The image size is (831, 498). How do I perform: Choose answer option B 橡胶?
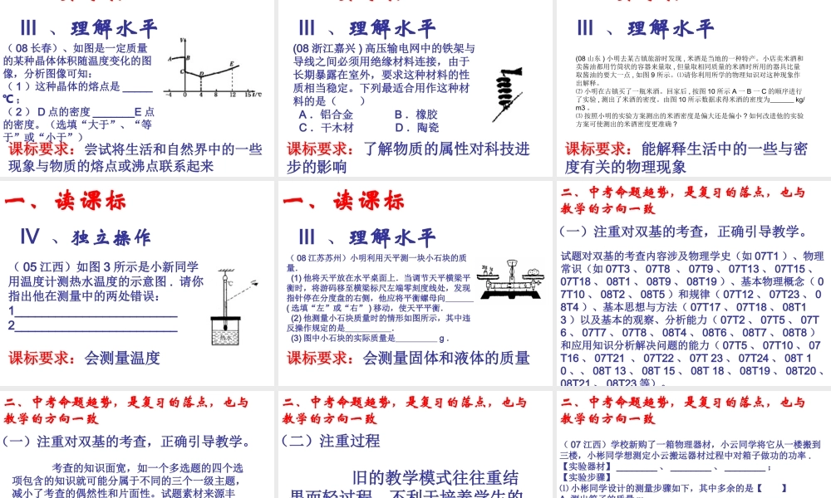(x=415, y=114)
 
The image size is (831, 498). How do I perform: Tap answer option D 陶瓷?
(x=415, y=128)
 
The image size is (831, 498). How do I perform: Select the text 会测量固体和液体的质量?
(x=446, y=359)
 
